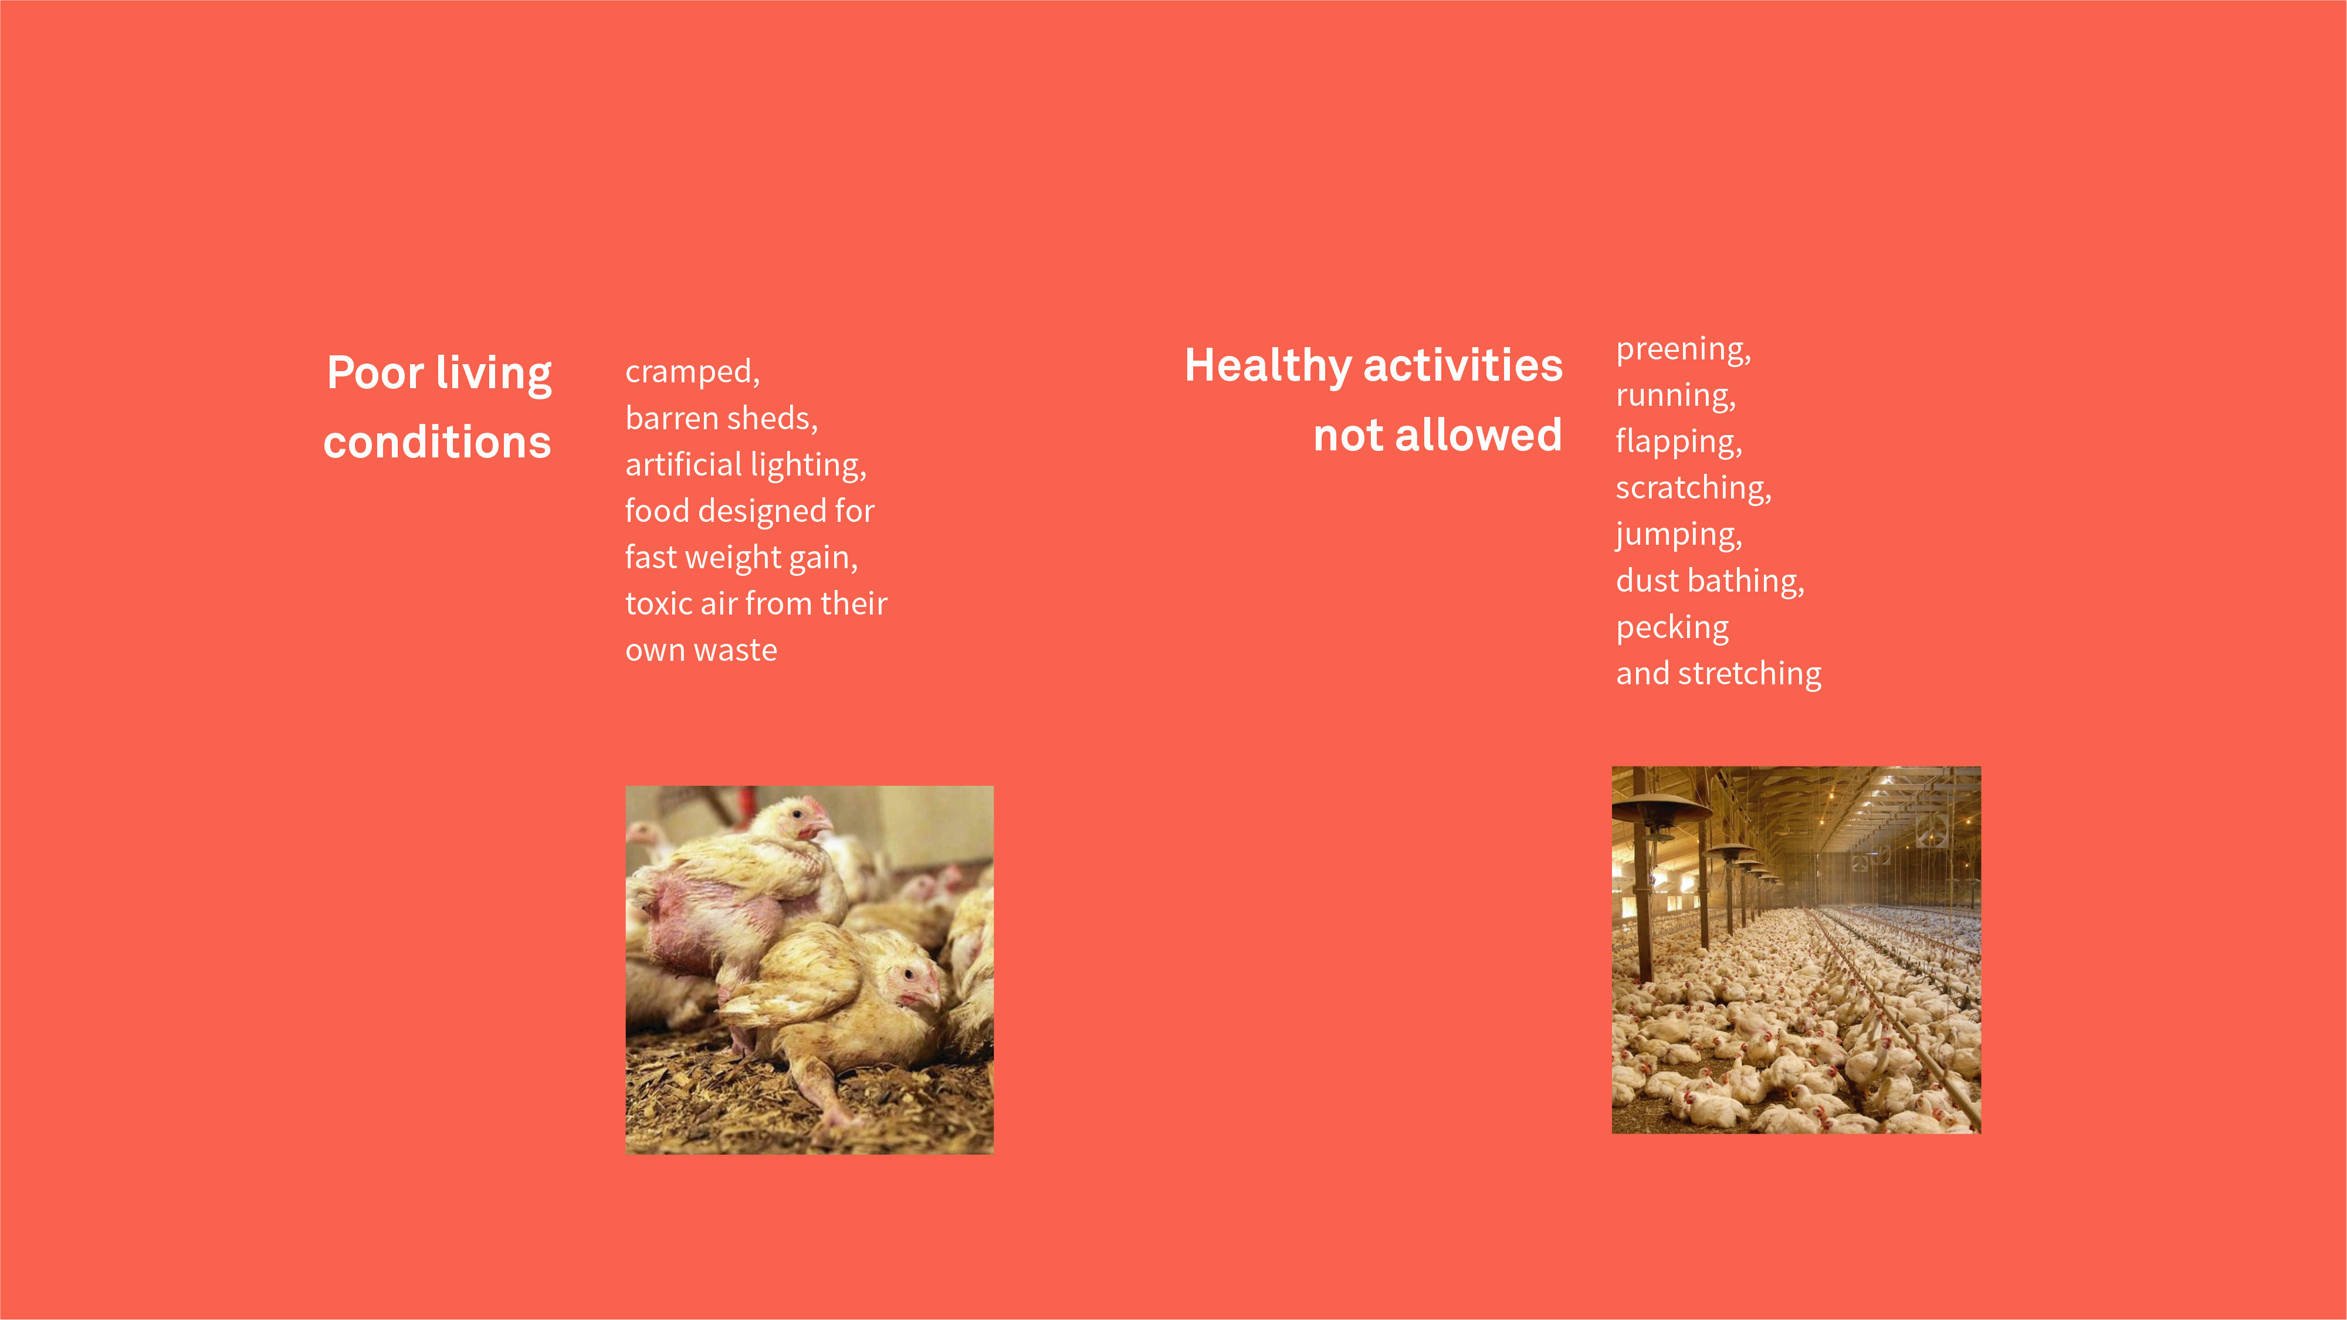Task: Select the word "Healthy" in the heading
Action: (1266, 367)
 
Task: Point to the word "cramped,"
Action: (692, 372)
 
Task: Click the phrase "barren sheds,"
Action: (722, 418)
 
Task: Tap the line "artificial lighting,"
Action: (746, 464)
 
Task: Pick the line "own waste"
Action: (700, 650)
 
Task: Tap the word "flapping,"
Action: (1678, 442)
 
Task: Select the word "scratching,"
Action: (1693, 488)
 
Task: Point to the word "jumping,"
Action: (1678, 535)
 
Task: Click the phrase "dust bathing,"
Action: (1709, 581)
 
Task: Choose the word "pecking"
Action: (1672, 627)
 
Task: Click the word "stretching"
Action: (1749, 674)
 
